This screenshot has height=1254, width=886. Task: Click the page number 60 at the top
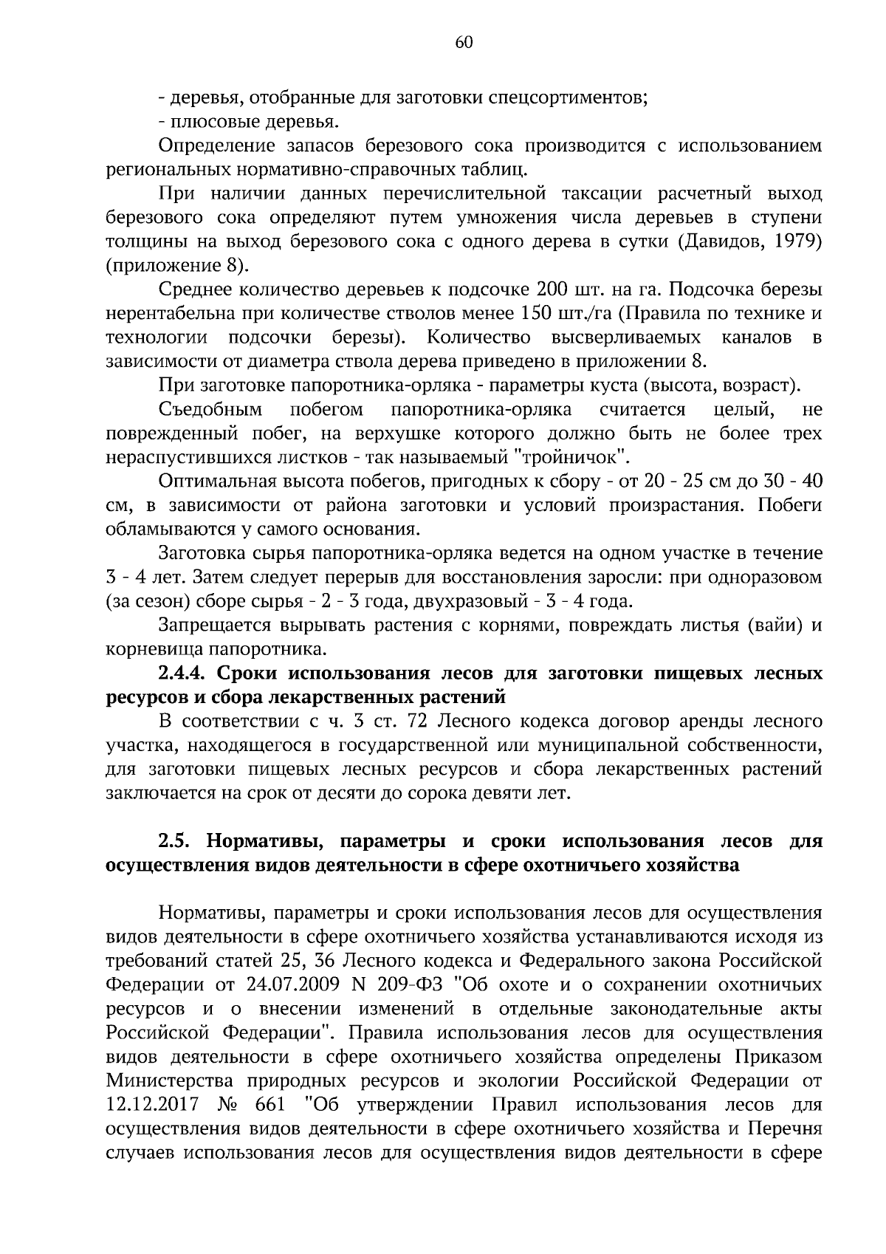464,42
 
